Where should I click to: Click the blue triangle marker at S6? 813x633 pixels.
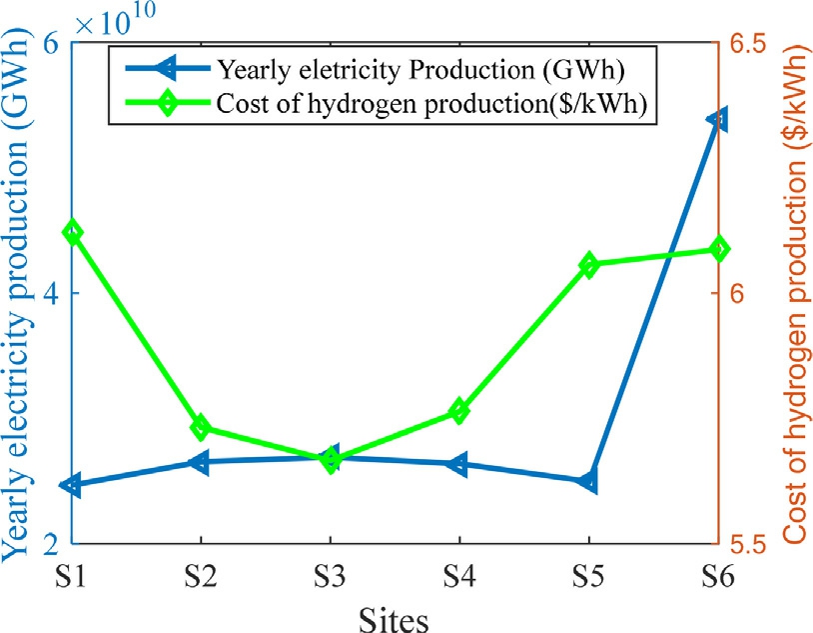coord(717,119)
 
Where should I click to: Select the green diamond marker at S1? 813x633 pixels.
coord(72,232)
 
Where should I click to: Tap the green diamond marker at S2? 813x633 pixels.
coord(200,428)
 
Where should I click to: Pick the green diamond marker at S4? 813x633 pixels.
coord(459,410)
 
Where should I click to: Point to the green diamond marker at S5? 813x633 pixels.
coord(588,265)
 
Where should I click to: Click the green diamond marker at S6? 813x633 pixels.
coord(717,249)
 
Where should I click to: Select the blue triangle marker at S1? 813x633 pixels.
coord(72,485)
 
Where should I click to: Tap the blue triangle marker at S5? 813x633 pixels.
coord(587,481)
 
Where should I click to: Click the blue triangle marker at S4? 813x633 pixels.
coord(458,464)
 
